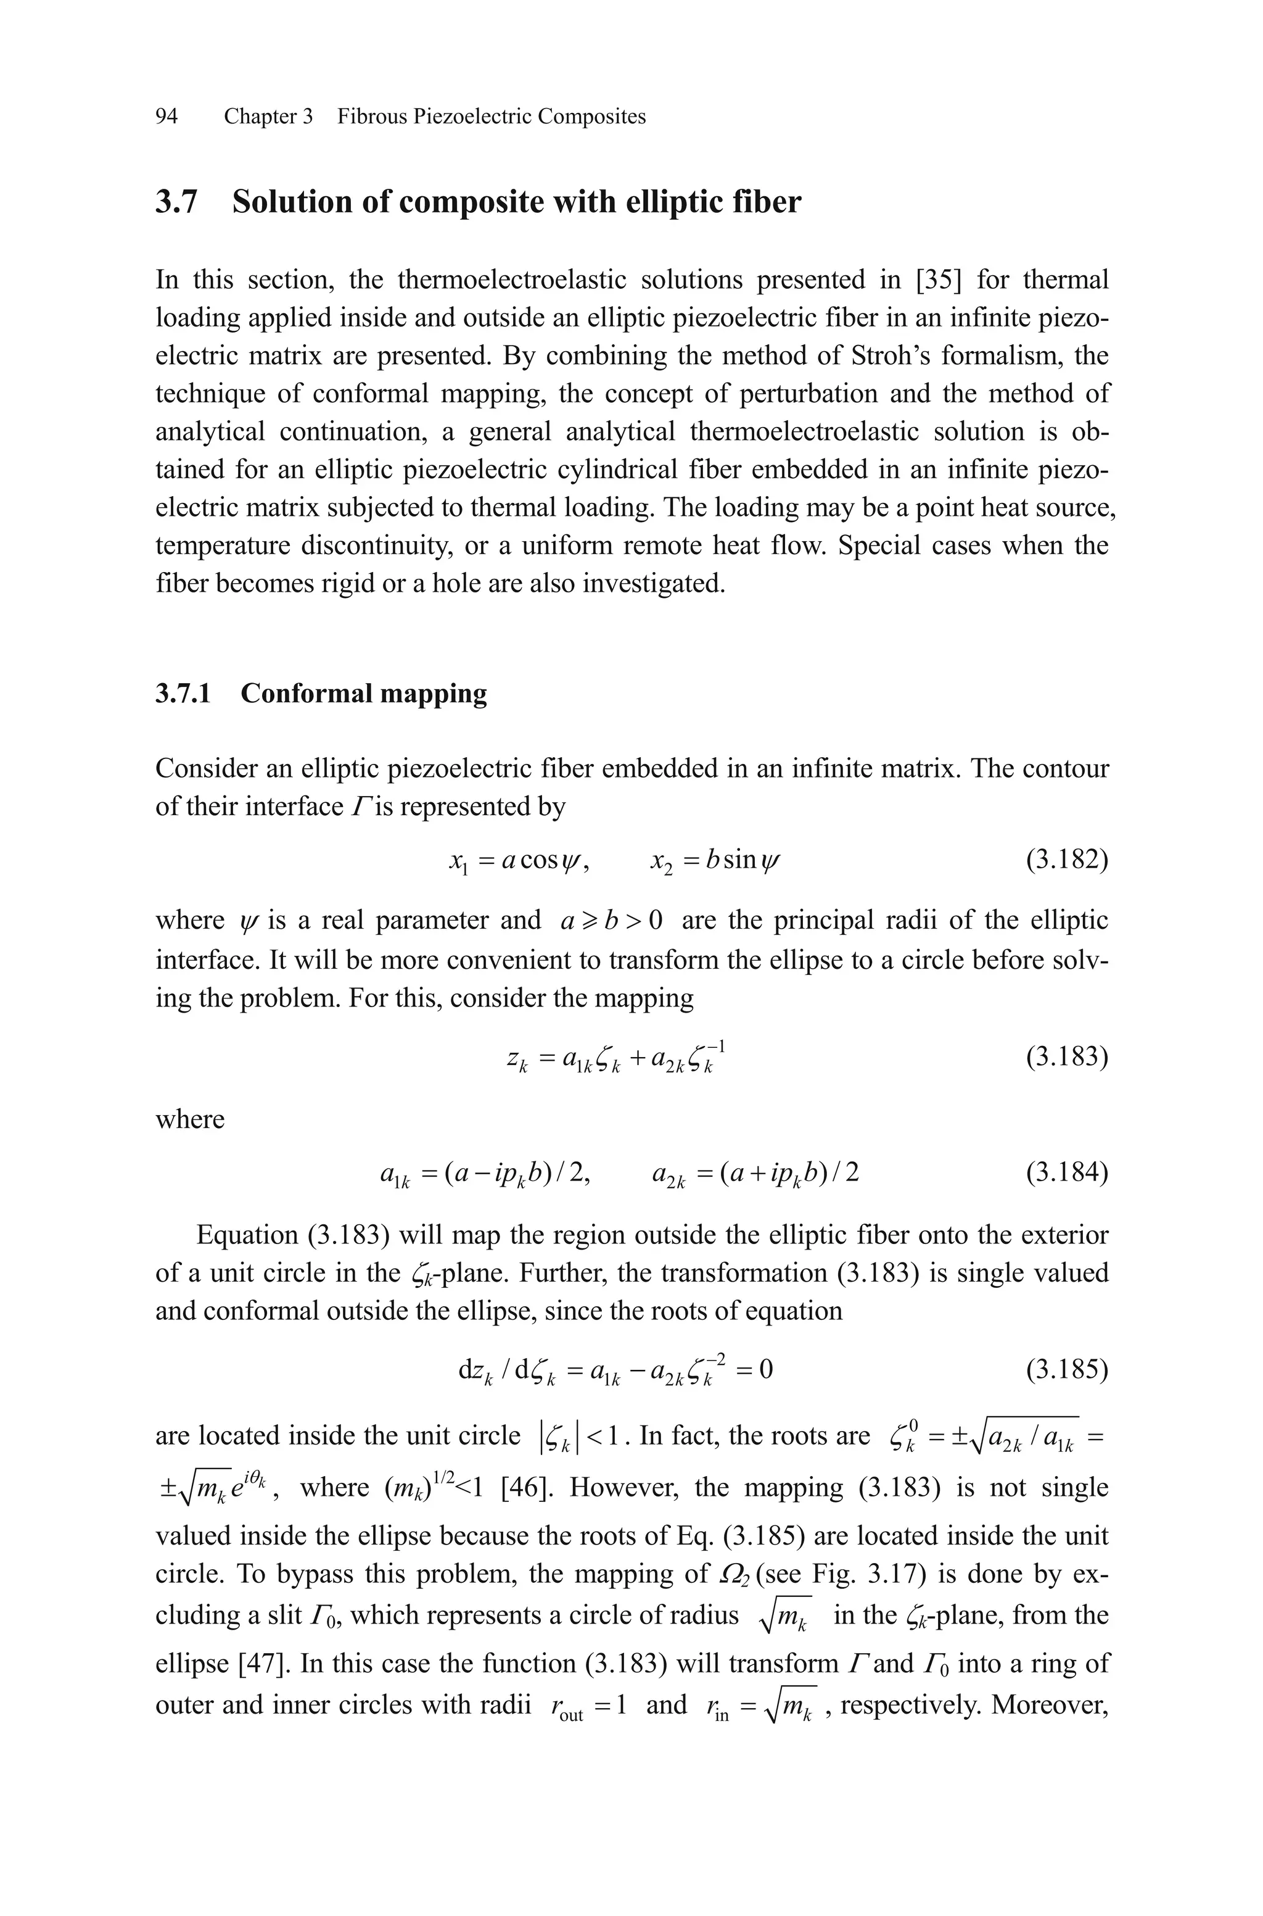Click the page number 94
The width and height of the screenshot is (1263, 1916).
166,117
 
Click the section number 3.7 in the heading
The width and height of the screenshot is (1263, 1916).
176,201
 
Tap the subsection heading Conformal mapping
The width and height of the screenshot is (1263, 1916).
363,693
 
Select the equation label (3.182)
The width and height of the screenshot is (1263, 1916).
1066,861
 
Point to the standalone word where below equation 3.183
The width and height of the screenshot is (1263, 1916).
190,1119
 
